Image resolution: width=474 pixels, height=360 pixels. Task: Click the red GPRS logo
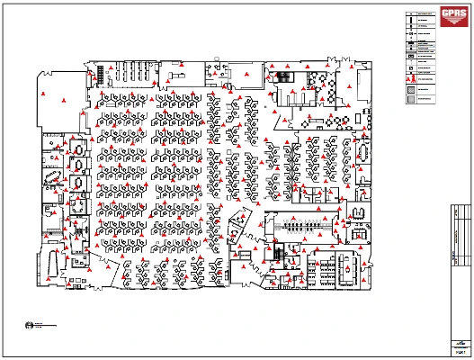coord(451,13)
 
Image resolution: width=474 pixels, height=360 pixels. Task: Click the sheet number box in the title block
coord(460,351)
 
